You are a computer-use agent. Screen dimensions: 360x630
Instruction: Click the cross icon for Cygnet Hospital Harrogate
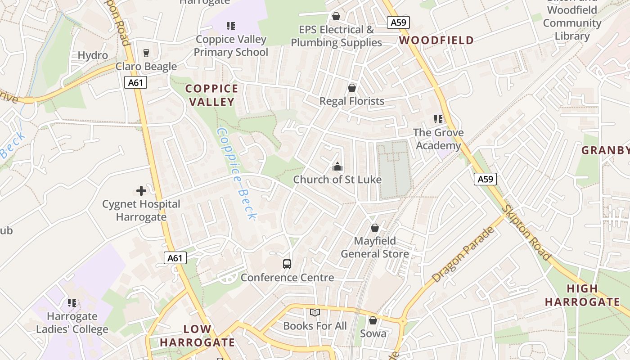(141, 191)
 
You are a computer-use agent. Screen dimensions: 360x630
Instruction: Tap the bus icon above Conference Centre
(287, 264)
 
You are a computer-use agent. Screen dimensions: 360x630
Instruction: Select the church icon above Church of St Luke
(337, 167)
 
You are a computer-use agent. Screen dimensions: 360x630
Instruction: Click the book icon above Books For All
(315, 312)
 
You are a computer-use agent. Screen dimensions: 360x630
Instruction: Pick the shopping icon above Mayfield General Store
(374, 228)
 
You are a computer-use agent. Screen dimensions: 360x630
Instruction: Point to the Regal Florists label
(352, 101)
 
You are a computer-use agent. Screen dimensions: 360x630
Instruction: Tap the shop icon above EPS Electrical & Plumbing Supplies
(336, 17)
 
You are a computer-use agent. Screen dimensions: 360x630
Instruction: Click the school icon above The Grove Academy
(438, 119)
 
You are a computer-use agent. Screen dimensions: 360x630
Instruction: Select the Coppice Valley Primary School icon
(231, 26)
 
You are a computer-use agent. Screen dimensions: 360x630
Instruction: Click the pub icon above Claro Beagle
(146, 53)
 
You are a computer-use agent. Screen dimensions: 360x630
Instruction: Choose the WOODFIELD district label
(436, 40)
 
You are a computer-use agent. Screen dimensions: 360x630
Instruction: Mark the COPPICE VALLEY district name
(212, 95)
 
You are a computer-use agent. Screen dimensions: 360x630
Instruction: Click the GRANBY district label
(605, 150)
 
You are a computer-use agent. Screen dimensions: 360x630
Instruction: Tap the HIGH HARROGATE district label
(582, 295)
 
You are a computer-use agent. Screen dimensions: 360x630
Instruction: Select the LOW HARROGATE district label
(197, 336)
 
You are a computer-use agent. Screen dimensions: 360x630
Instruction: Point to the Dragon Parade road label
(463, 255)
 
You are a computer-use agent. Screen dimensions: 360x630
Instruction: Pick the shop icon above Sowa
(373, 320)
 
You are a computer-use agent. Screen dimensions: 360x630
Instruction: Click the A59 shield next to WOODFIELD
(398, 22)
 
